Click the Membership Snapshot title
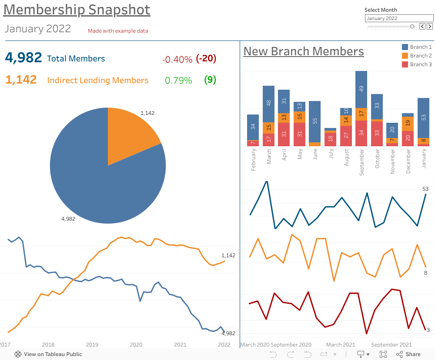[x=77, y=10]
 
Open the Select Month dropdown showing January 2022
[x=399, y=18]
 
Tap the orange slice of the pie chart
[x=131, y=133]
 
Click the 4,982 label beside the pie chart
[x=68, y=219]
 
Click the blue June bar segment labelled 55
[x=315, y=121]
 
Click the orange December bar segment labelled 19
[x=408, y=123]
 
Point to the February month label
[x=253, y=160]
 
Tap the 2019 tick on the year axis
[x=92, y=345]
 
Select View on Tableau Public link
[x=48, y=354]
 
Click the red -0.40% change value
[x=177, y=59]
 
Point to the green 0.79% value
[x=178, y=81]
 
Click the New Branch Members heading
[x=303, y=51]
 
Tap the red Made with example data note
[x=118, y=31]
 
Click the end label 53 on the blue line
[x=425, y=189]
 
